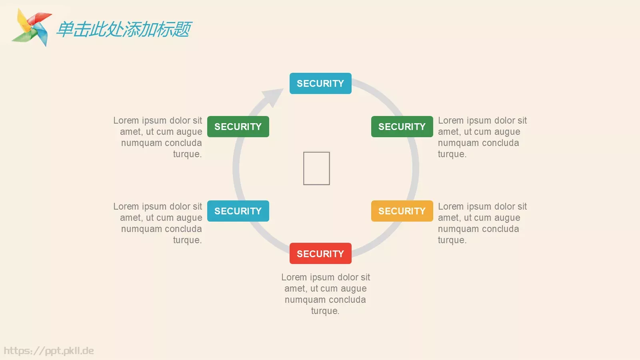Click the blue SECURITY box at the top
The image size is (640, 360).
coord(320,83)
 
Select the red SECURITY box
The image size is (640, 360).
coord(320,253)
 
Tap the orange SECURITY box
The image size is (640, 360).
coord(402,211)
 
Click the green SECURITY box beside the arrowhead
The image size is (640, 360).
coord(238,126)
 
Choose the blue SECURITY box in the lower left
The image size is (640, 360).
coord(238,211)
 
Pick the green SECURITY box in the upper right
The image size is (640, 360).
coord(402,126)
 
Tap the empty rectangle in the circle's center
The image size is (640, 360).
coord(316,168)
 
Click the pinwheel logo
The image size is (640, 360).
coord(32,27)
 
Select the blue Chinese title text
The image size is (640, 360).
coord(124,29)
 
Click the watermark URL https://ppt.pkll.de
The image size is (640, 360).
coord(49,351)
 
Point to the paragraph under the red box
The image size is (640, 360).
coord(326,294)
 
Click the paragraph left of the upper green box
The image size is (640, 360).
coord(158,137)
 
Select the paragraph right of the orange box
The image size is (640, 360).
coord(482,223)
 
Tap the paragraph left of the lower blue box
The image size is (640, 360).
coord(158,223)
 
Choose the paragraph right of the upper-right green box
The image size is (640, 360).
coord(482,137)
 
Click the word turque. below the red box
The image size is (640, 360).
coord(325,311)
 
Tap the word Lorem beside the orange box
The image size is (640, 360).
coord(451,206)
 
